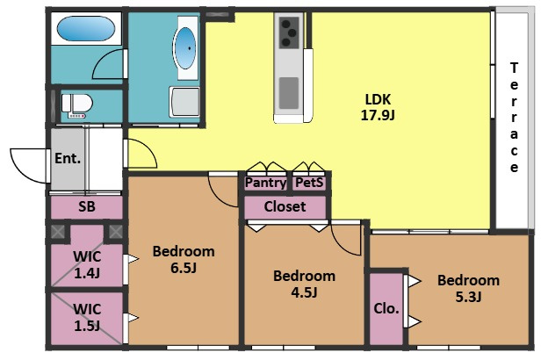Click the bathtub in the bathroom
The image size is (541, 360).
[x=86, y=29]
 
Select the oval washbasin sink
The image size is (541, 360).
[x=185, y=48]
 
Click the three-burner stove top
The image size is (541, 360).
[x=289, y=32]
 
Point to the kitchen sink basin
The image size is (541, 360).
[x=289, y=93]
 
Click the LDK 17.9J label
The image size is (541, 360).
[x=378, y=107]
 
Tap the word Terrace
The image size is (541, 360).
[x=514, y=118]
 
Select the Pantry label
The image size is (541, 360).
[x=265, y=183]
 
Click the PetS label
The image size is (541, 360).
[x=309, y=183]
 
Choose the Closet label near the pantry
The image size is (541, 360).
[x=285, y=206]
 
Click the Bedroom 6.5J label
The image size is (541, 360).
[x=184, y=259]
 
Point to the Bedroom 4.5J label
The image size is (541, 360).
[x=304, y=284]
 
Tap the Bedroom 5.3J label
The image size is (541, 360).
[x=469, y=288]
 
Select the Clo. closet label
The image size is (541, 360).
[x=386, y=308]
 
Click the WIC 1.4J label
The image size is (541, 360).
[x=87, y=265]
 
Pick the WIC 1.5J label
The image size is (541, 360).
[x=87, y=318]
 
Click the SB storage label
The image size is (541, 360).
[x=87, y=206]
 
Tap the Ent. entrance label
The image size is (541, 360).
[x=68, y=159]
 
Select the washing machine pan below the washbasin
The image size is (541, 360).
[x=184, y=102]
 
